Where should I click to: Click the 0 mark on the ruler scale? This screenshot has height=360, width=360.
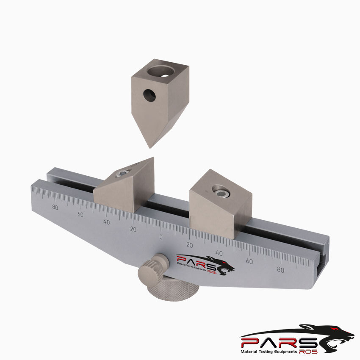click(161, 237)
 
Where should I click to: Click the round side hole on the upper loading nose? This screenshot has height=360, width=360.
click(149, 96)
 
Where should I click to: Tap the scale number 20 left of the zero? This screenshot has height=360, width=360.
click(134, 230)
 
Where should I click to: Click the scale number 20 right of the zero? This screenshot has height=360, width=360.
click(190, 245)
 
